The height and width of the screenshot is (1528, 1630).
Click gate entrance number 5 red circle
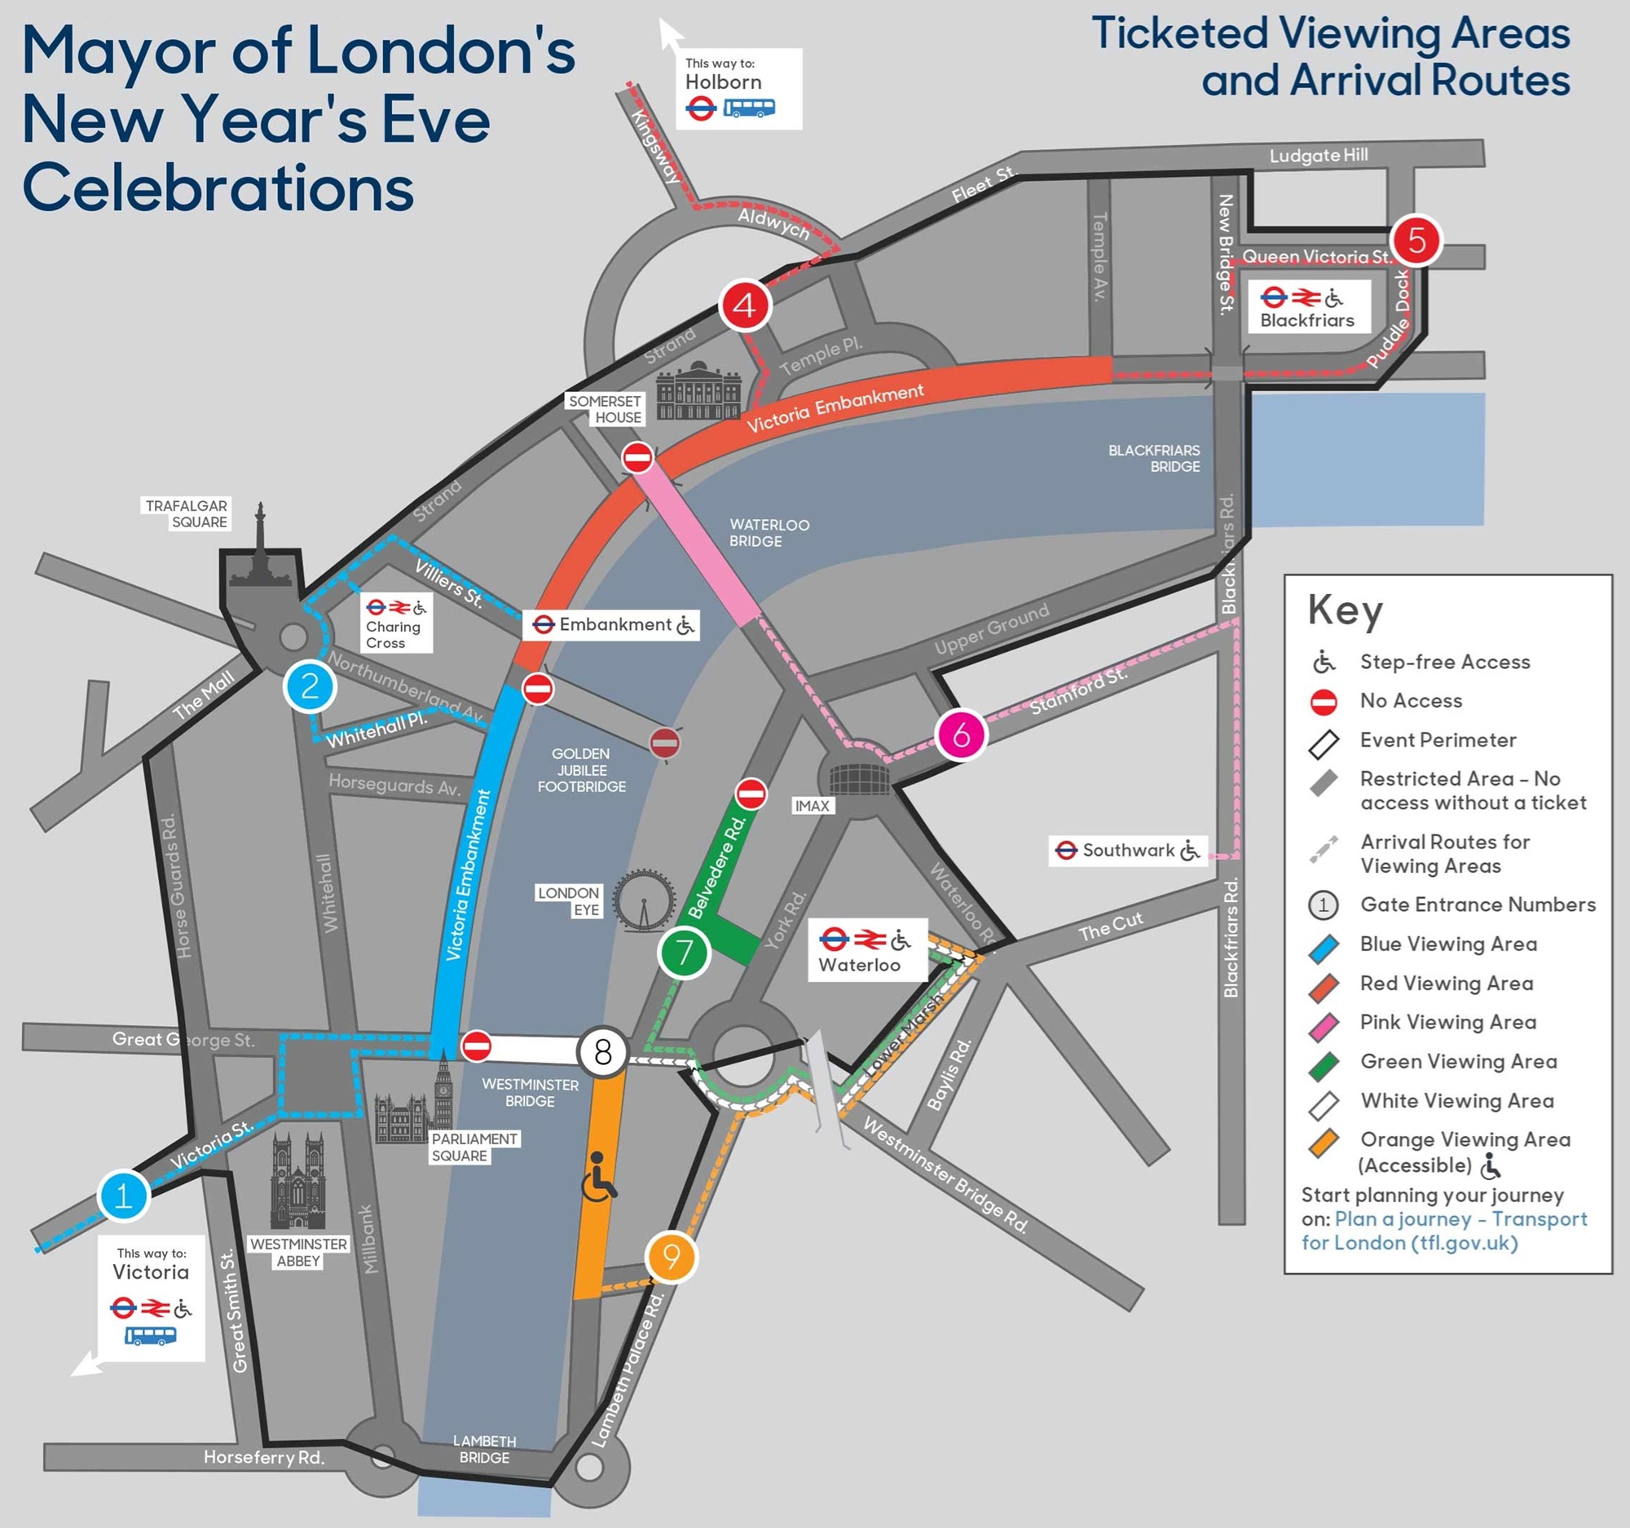pos(1416,240)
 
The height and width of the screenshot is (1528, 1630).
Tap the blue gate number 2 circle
pos(310,686)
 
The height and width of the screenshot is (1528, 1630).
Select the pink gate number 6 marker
pos(961,735)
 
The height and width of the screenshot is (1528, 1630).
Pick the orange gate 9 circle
pos(672,1257)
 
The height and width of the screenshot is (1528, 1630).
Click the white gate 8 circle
pos(602,1052)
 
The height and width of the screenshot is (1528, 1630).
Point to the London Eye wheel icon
pos(645,901)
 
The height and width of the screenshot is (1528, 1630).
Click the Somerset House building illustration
pos(698,391)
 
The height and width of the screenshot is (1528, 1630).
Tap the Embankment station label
pos(614,624)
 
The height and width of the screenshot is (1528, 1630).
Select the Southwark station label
pos(1128,850)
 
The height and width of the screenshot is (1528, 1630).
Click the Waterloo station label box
pos(867,950)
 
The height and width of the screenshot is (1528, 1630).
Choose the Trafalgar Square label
pos(186,514)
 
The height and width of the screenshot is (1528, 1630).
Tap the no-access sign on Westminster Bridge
pos(477,1046)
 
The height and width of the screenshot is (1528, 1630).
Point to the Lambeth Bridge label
pos(484,1449)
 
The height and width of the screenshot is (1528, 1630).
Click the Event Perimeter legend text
pos(1438,740)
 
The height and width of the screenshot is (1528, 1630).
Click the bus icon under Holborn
pos(749,108)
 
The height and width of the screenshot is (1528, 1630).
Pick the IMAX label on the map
pos(812,806)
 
